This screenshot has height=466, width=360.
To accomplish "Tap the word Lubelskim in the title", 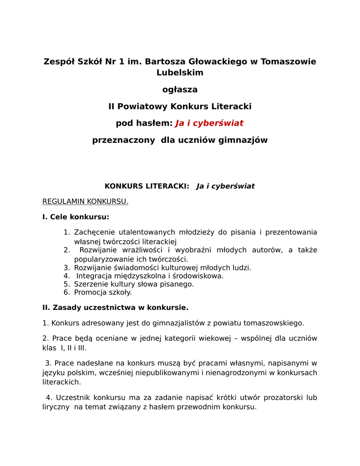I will tap(180, 72).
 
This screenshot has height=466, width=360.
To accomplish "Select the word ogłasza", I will tap(180, 90).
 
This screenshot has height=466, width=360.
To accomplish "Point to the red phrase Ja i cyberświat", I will tap(209, 123).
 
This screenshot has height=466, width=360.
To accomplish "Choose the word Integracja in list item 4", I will tap(95, 276).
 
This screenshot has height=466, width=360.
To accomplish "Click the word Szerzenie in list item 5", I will tap(91, 284).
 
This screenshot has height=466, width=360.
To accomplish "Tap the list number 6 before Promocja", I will tap(66, 292).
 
